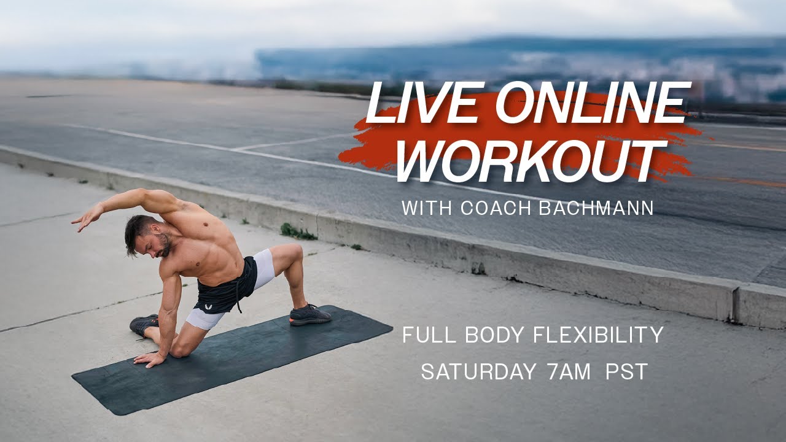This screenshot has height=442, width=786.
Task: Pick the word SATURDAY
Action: coord(478,371)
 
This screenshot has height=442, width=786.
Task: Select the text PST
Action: coord(626,371)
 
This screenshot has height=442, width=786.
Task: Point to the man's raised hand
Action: coord(84,219)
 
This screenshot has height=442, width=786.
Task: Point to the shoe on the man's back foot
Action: coord(144,324)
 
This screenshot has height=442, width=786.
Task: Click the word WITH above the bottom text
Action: coord(421,207)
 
